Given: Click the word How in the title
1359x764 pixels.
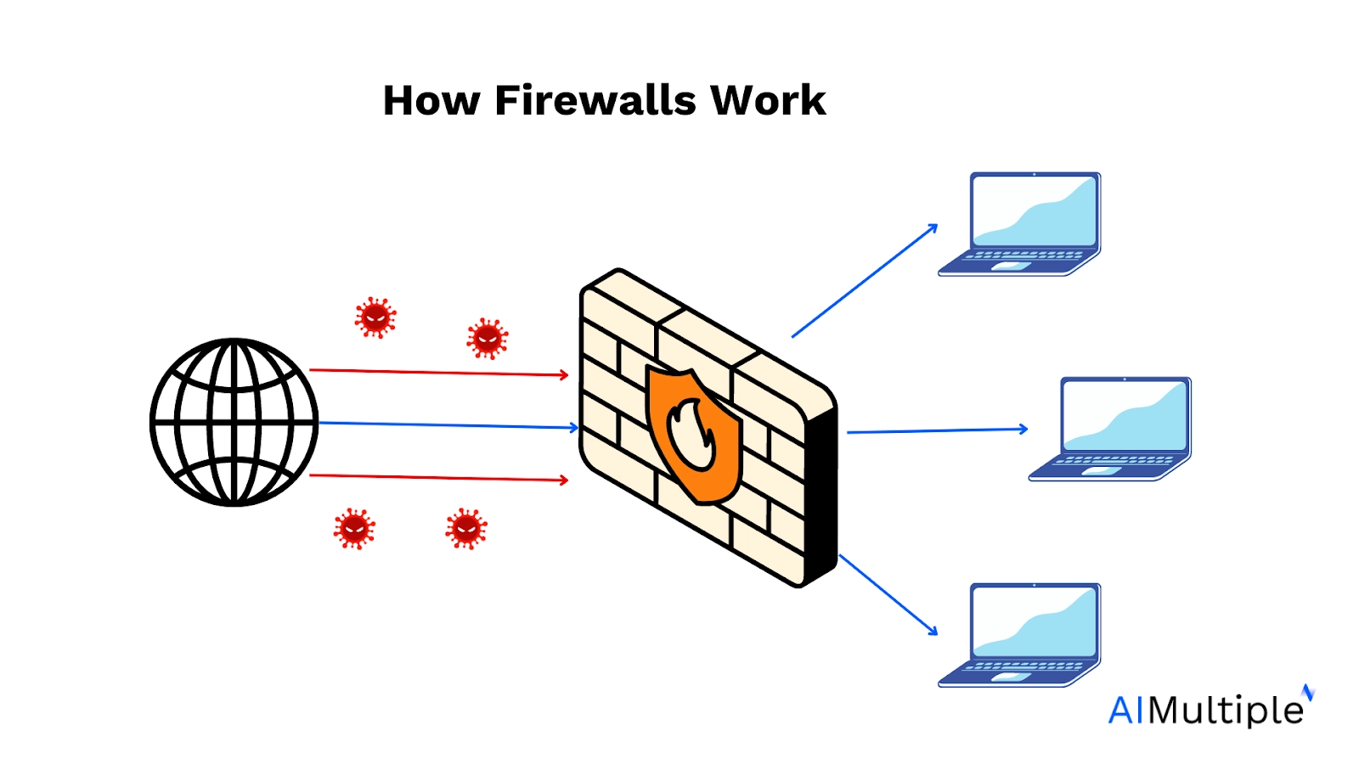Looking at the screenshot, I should [431, 101].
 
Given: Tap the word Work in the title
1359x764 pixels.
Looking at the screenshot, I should [768, 101].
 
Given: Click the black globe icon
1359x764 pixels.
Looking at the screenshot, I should [234, 422].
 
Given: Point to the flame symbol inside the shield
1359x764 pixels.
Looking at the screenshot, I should [691, 435].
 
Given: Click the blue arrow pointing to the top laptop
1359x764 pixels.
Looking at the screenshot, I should [865, 281].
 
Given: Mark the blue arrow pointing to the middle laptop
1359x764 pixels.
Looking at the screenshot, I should [938, 430].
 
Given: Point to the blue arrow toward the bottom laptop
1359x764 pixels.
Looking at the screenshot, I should [888, 594].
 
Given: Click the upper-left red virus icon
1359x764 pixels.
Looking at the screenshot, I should [375, 317].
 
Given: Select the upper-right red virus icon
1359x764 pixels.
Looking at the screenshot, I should [488, 339].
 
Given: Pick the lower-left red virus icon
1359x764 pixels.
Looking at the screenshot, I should [354, 529].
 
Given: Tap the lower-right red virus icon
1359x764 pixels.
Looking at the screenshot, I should [466, 529].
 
